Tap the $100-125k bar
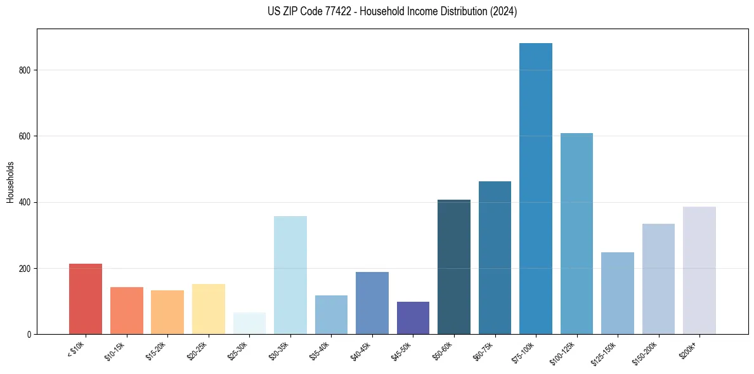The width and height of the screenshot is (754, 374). [576, 234]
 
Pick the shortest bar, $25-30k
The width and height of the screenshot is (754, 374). [249, 323]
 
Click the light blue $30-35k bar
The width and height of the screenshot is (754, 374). [290, 276]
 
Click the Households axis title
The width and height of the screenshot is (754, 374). [10, 182]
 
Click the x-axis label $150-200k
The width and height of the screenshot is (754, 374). [646, 353]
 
